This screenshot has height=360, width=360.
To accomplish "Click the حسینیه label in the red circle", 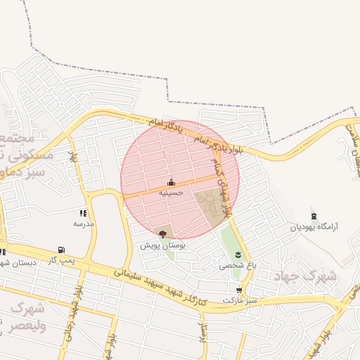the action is [171, 192].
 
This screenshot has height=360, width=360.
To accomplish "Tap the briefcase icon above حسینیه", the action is [171, 182].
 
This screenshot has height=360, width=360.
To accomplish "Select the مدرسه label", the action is [84, 223].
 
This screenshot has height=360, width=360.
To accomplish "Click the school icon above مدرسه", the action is [84, 213].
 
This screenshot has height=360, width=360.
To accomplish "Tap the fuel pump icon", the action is [61, 250].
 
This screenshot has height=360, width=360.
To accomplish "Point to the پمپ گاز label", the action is [61, 260].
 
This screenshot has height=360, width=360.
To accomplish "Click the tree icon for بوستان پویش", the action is [163, 234].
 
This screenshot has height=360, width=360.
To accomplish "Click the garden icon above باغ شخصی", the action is [238, 254].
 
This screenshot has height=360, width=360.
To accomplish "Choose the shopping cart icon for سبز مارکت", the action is [239, 290].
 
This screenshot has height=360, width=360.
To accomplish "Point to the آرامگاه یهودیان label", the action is [314, 227].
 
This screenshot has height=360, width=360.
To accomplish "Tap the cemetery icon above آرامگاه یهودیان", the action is [314, 216].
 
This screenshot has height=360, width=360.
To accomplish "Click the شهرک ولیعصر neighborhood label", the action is [27, 316].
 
